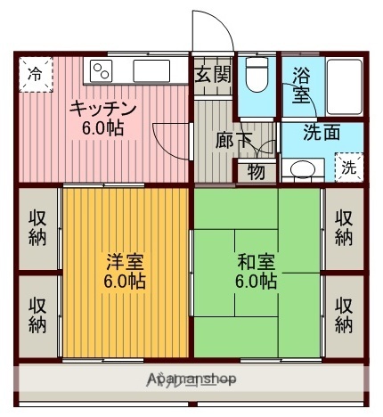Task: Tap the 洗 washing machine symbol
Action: [348, 167]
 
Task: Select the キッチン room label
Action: [104, 109]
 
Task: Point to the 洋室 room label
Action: [125, 263]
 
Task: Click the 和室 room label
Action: [256, 263]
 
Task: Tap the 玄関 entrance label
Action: [213, 74]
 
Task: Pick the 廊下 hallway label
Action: [233, 139]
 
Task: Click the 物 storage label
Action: [256, 171]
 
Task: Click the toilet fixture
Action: [258, 77]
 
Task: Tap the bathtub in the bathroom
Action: [343, 87]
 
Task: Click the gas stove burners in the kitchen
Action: [100, 69]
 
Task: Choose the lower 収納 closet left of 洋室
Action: [37, 313]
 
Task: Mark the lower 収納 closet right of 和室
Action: [344, 313]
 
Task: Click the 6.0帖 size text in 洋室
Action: [125, 282]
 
